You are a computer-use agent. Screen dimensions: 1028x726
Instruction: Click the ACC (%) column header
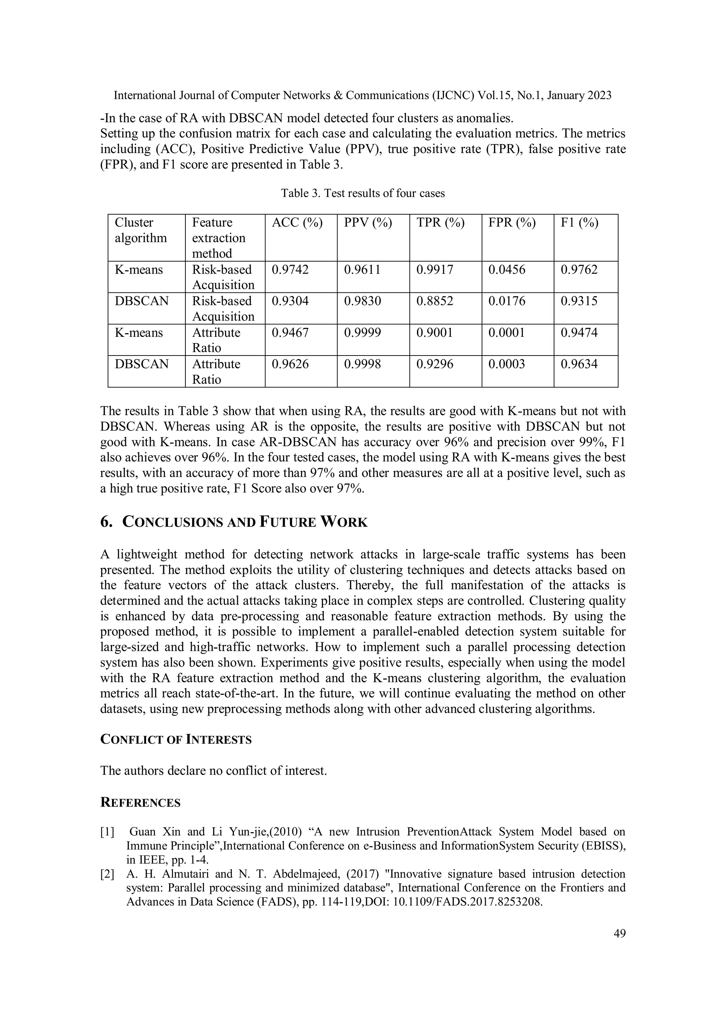tap(297, 222)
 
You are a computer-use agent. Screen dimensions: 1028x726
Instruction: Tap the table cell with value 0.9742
tap(290, 270)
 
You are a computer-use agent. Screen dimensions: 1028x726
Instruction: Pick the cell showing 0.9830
tap(362, 301)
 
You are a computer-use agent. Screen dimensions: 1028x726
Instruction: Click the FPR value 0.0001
tap(507, 332)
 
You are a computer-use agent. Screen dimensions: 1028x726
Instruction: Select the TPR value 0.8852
tap(435, 301)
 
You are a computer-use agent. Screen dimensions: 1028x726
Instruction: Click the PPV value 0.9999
tap(362, 332)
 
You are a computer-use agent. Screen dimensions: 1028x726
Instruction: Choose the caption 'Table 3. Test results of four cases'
tap(363, 193)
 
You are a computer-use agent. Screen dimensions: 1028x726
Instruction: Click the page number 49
tap(620, 934)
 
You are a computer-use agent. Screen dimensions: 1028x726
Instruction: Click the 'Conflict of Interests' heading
tap(176, 740)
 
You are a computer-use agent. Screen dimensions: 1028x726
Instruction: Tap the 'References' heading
tap(140, 803)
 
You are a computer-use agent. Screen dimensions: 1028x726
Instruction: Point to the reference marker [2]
tap(107, 874)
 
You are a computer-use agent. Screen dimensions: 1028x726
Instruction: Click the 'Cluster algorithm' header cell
tap(140, 230)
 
